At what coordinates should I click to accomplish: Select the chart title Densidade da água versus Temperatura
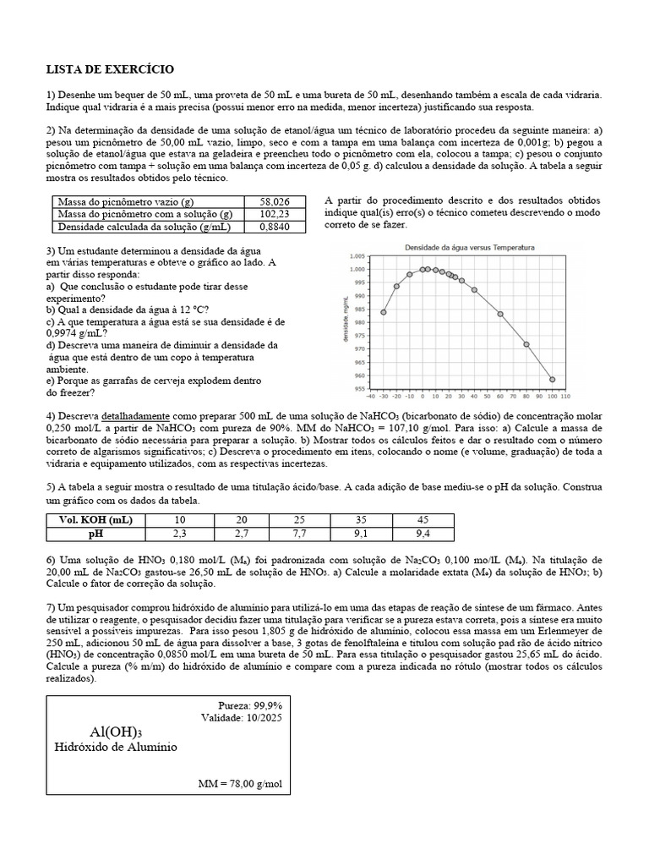(470, 247)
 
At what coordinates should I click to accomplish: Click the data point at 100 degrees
(553, 380)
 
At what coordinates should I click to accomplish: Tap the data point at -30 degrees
(383, 312)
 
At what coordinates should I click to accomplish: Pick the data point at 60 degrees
(500, 314)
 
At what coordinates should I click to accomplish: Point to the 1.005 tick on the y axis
(356, 256)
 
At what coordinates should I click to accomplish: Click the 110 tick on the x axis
(565, 395)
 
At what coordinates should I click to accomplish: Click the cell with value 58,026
(275, 202)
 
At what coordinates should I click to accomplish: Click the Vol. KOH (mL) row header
(96, 520)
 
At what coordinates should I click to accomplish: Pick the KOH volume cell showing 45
(423, 520)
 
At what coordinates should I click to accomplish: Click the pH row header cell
(96, 534)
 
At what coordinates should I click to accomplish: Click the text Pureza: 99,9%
(250, 704)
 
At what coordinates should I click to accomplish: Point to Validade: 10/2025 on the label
(242, 717)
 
